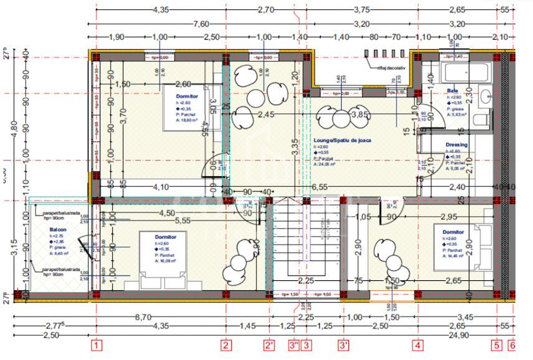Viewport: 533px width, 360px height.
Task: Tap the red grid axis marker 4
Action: pyautogui.click(x=418, y=344)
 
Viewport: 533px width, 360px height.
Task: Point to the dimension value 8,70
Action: pyautogui.click(x=143, y=317)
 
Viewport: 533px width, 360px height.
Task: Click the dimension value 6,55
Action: pyautogui.click(x=319, y=186)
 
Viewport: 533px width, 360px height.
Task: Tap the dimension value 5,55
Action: pyautogui.click(x=182, y=220)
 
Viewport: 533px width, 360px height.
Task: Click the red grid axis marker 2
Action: pyautogui.click(x=226, y=344)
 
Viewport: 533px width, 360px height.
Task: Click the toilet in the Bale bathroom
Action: pyautogui.click(x=481, y=118)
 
